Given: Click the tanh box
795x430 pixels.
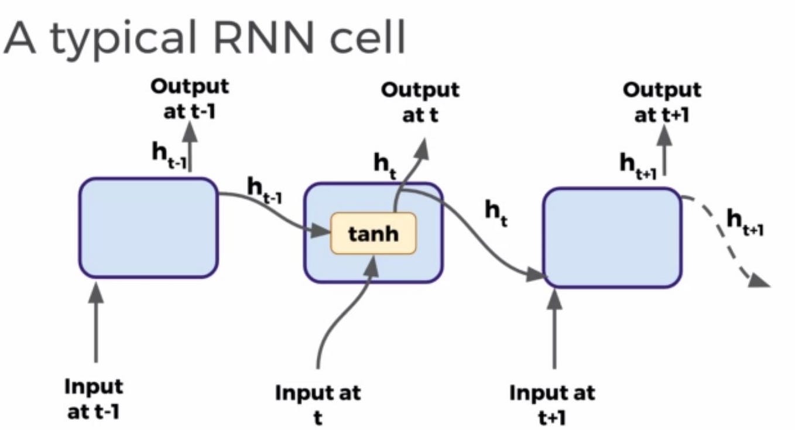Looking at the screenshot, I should tap(373, 233).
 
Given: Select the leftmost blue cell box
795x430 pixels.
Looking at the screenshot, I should tap(149, 227).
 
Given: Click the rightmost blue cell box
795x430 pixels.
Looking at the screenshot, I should tap(613, 237).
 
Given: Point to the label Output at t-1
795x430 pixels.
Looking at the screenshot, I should tap(190, 98).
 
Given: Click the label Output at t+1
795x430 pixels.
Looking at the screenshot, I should tap(662, 102).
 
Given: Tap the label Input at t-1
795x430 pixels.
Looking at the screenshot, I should tap(94, 399).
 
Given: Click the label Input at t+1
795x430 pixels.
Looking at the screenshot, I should tap(551, 403).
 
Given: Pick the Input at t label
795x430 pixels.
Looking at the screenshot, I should tap(318, 403).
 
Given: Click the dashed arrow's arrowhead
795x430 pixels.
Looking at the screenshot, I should tap(759, 282).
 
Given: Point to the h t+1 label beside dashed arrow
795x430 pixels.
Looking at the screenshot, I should tap(745, 223).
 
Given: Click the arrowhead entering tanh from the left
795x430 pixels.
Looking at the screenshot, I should tap(321, 232).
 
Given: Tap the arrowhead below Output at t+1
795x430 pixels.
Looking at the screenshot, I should tap(665, 138).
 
